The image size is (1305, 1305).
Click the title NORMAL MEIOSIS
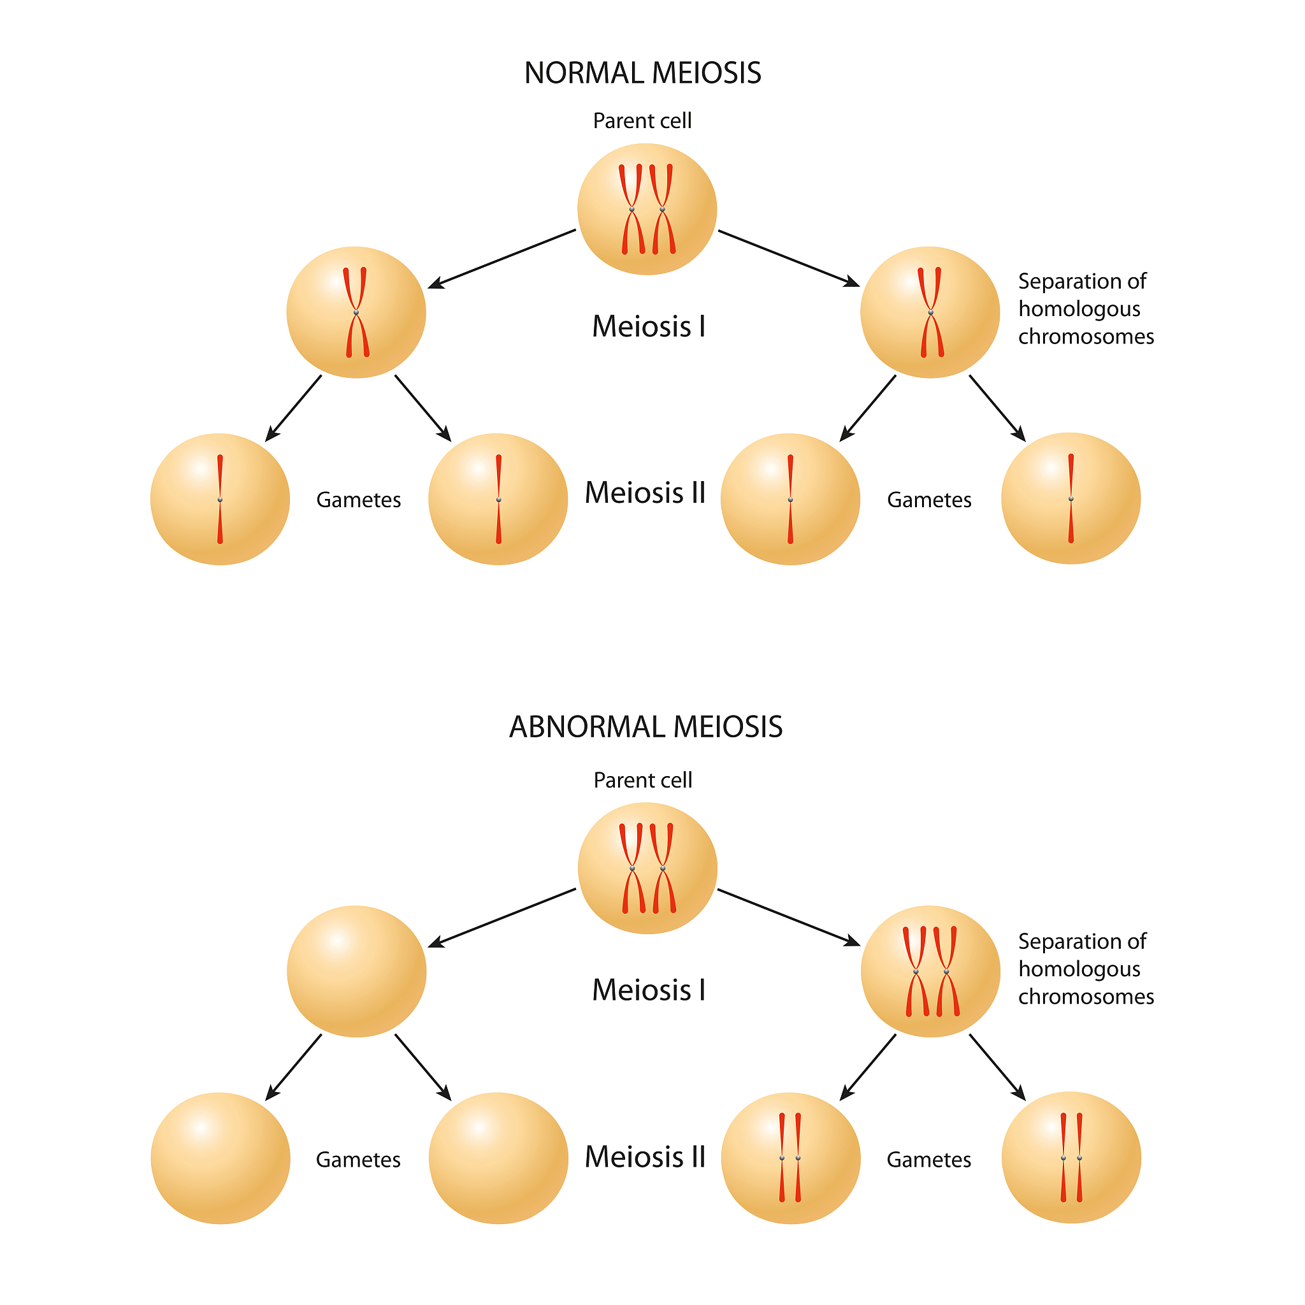coord(642,73)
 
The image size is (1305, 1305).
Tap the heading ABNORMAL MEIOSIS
coord(645,727)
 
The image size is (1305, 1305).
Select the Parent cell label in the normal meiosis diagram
coord(642,121)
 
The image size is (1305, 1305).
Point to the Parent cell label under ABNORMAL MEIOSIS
coord(642,780)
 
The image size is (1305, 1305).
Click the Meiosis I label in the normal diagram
coord(649,327)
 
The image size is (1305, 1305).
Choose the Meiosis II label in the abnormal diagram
coord(645,1157)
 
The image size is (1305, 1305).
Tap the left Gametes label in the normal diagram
coord(358,500)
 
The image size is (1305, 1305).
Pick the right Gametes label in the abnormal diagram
coord(929,1160)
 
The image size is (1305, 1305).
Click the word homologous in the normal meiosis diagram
coord(1079,308)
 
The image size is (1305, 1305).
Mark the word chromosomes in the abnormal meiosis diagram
coord(1086,997)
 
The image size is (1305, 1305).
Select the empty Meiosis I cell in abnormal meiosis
coord(356,971)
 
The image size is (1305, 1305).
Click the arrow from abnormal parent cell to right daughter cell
coord(788,916)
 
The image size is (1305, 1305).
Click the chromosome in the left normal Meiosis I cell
coord(356,312)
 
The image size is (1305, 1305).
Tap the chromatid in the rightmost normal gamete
coord(1071,498)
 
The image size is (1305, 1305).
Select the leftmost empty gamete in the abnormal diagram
coord(220,1158)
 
